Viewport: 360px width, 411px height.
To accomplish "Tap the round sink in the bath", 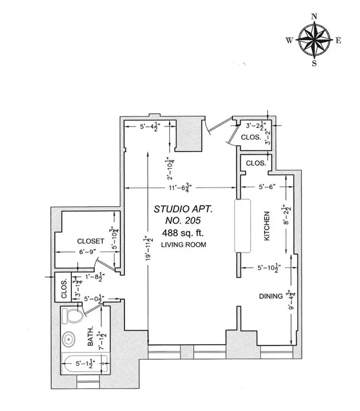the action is [69, 339].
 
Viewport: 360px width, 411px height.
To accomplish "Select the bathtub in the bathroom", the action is [85, 363].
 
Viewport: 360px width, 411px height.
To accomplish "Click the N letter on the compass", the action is [314, 16].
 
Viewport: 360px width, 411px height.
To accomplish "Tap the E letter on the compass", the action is [338, 40].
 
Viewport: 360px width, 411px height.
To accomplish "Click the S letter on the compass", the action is [314, 64].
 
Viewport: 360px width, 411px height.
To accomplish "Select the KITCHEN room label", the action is [267, 226].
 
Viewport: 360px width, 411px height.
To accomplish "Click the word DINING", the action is [271, 296].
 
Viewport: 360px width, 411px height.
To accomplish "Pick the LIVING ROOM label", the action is [183, 245].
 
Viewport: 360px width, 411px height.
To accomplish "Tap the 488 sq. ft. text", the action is [183, 233].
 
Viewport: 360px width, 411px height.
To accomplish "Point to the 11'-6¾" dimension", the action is [180, 188].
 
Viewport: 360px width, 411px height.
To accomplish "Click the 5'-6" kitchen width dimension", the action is [267, 187].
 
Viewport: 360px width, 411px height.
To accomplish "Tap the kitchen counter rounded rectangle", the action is [242, 226].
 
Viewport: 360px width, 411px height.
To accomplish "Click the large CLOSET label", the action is [91, 241].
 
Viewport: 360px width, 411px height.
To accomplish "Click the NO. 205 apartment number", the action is [183, 220].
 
